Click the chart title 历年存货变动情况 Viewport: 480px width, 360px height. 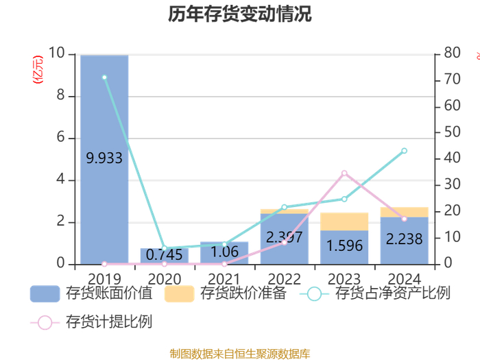[x=240, y=14]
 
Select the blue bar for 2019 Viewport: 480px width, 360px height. [x=104, y=160]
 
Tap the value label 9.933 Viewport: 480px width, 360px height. [x=104, y=158]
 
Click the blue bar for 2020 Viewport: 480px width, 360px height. [x=165, y=256]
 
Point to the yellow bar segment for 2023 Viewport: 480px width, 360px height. [x=344, y=221]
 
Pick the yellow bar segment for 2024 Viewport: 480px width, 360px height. [x=405, y=212]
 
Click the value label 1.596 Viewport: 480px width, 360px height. [x=344, y=245]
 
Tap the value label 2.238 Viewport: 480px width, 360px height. [x=404, y=239]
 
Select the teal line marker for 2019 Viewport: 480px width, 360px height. [x=104, y=77]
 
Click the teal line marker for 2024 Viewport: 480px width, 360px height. [x=405, y=151]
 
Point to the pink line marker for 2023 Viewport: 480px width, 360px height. [x=344, y=173]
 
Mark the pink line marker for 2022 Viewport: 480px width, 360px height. [x=285, y=243]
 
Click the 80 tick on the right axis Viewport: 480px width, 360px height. [x=452, y=53]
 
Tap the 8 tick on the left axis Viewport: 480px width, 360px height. [x=60, y=95]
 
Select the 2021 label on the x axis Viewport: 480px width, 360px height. [x=224, y=279]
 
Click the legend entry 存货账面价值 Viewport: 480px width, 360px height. [x=91, y=293]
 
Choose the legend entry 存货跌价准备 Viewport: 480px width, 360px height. [x=226, y=293]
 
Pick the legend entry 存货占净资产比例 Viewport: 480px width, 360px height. [x=374, y=293]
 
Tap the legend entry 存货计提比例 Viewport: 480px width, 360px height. [x=91, y=322]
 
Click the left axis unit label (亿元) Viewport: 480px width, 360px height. [x=38, y=69]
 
